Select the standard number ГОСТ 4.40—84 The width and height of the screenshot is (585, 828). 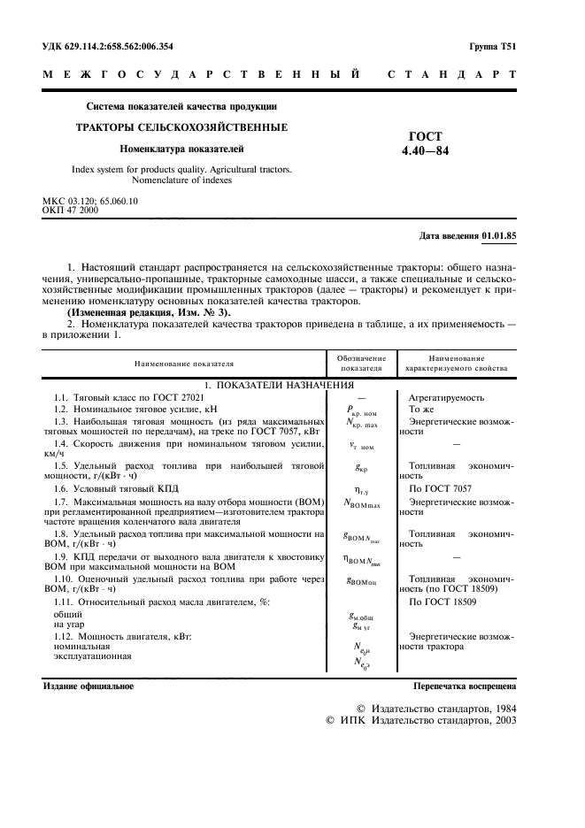coord(424,143)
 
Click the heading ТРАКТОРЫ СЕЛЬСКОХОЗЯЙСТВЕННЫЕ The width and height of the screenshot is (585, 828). coord(181,127)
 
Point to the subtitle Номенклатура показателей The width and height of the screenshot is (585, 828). coord(181,149)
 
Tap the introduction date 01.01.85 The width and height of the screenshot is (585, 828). coord(499,236)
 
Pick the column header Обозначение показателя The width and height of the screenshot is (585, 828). coord(360,363)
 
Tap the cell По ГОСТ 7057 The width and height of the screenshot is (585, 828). coord(441,487)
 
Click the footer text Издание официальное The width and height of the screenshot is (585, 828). coord(89,686)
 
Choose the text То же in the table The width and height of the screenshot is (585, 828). coord(421,410)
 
